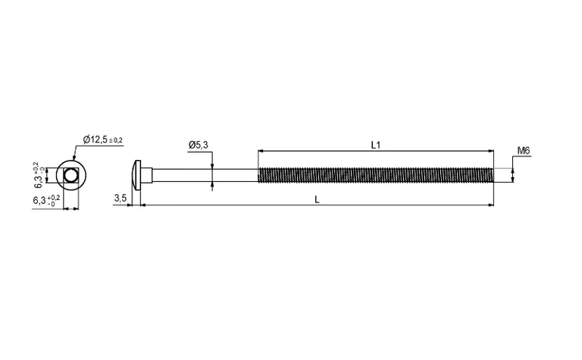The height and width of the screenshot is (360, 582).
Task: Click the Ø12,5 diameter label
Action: click(95, 139)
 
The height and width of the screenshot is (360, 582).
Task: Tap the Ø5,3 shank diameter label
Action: click(199, 145)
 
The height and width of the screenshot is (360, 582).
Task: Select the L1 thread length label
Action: click(376, 145)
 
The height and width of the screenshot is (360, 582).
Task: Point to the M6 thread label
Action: click(524, 150)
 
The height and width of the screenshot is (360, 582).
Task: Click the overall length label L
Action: click(317, 199)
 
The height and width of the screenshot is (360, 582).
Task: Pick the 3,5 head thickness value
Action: click(120, 198)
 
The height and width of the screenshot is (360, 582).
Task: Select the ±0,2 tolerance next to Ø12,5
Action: click(115, 140)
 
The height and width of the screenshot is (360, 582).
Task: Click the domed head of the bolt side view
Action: click(137, 175)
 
